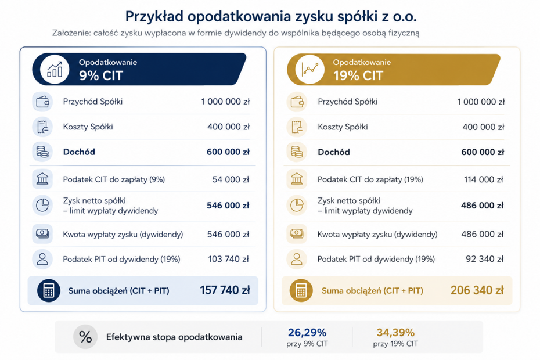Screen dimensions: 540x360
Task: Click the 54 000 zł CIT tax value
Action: [231, 179]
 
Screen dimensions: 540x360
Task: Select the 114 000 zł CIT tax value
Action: [484, 179]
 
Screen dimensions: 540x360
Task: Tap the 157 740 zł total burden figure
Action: [225, 290]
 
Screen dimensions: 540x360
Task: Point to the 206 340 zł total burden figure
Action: [477, 290]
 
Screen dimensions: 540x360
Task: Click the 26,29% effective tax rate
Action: [307, 333]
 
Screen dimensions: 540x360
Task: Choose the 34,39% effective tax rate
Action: [395, 333]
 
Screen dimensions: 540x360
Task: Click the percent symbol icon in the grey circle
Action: [85, 337]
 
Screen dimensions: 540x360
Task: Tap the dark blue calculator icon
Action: [49, 291]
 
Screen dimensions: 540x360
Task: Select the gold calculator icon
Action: [301, 291]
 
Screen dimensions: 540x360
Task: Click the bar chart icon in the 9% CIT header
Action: [55, 69]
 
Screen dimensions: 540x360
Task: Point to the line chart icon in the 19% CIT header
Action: [309, 69]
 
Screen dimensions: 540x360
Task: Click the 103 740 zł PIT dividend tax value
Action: [228, 259]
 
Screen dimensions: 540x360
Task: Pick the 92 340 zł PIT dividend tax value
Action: [484, 259]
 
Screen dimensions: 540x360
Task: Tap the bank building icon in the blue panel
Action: [42, 179]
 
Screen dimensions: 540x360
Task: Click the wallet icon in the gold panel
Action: [297, 102]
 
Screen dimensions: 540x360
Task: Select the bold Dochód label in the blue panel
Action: [79, 152]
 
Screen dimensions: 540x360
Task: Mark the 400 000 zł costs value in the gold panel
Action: [483, 127]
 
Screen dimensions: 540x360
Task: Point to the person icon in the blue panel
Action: [42, 259]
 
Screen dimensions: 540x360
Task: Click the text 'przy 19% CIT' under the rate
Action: [395, 344]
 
